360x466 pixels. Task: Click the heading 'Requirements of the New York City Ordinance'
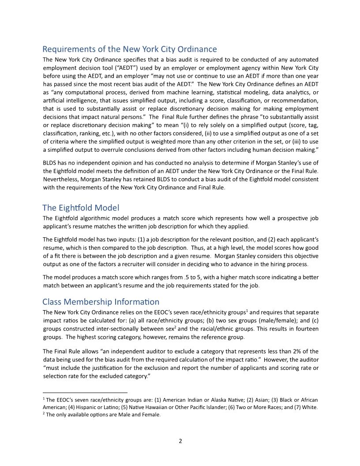129,49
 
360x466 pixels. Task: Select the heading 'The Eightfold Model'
81,208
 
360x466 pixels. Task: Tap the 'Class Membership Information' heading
101,302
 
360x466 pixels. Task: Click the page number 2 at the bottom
180,441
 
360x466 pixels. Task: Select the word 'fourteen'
306,329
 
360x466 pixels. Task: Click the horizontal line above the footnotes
85,392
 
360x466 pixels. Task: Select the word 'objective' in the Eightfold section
305,256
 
